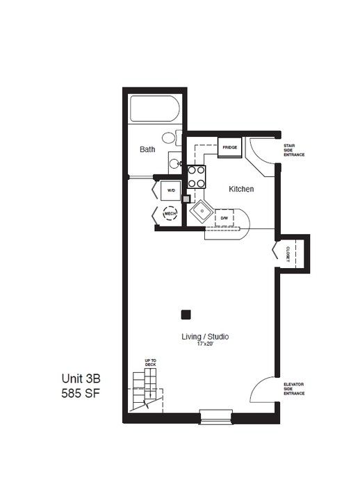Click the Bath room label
coord(147,149)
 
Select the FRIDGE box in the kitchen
coord(229,148)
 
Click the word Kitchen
coord(241,189)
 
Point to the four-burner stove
coord(196,176)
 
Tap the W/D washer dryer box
coord(171,190)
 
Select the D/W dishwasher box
coord(224,218)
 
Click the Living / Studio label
coord(205,337)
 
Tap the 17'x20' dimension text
coord(205,344)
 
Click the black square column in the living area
coord(186,315)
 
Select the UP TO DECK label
coord(150,362)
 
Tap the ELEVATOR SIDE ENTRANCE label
coord(294,389)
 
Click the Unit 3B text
coord(81,378)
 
